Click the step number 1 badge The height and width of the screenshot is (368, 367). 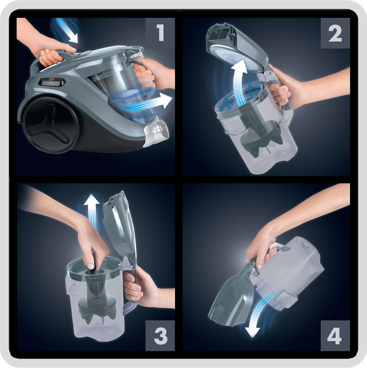click(160, 33)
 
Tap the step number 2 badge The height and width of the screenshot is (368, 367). click(335, 33)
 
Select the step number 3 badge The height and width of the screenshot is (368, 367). click(160, 335)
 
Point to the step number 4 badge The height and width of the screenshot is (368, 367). click(335, 335)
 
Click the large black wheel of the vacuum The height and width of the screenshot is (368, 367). click(50, 124)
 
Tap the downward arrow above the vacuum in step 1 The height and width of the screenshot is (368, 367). click(67, 30)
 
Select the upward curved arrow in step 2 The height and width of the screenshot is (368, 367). click(238, 80)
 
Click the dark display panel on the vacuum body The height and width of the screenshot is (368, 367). click(52, 82)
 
